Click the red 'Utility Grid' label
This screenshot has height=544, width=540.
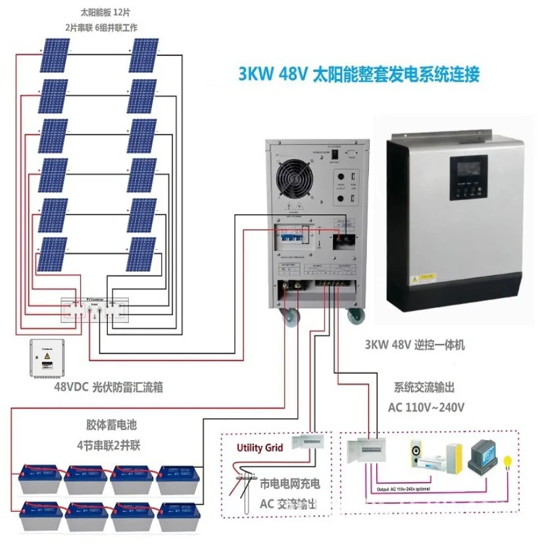pyautogui.click(x=260, y=448)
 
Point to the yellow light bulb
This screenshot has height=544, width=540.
pyautogui.click(x=506, y=462)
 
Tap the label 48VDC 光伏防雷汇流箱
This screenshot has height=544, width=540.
pyautogui.click(x=109, y=387)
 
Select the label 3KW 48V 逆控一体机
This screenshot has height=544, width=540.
pyautogui.click(x=414, y=345)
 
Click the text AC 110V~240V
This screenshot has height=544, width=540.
pyautogui.click(x=426, y=407)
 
